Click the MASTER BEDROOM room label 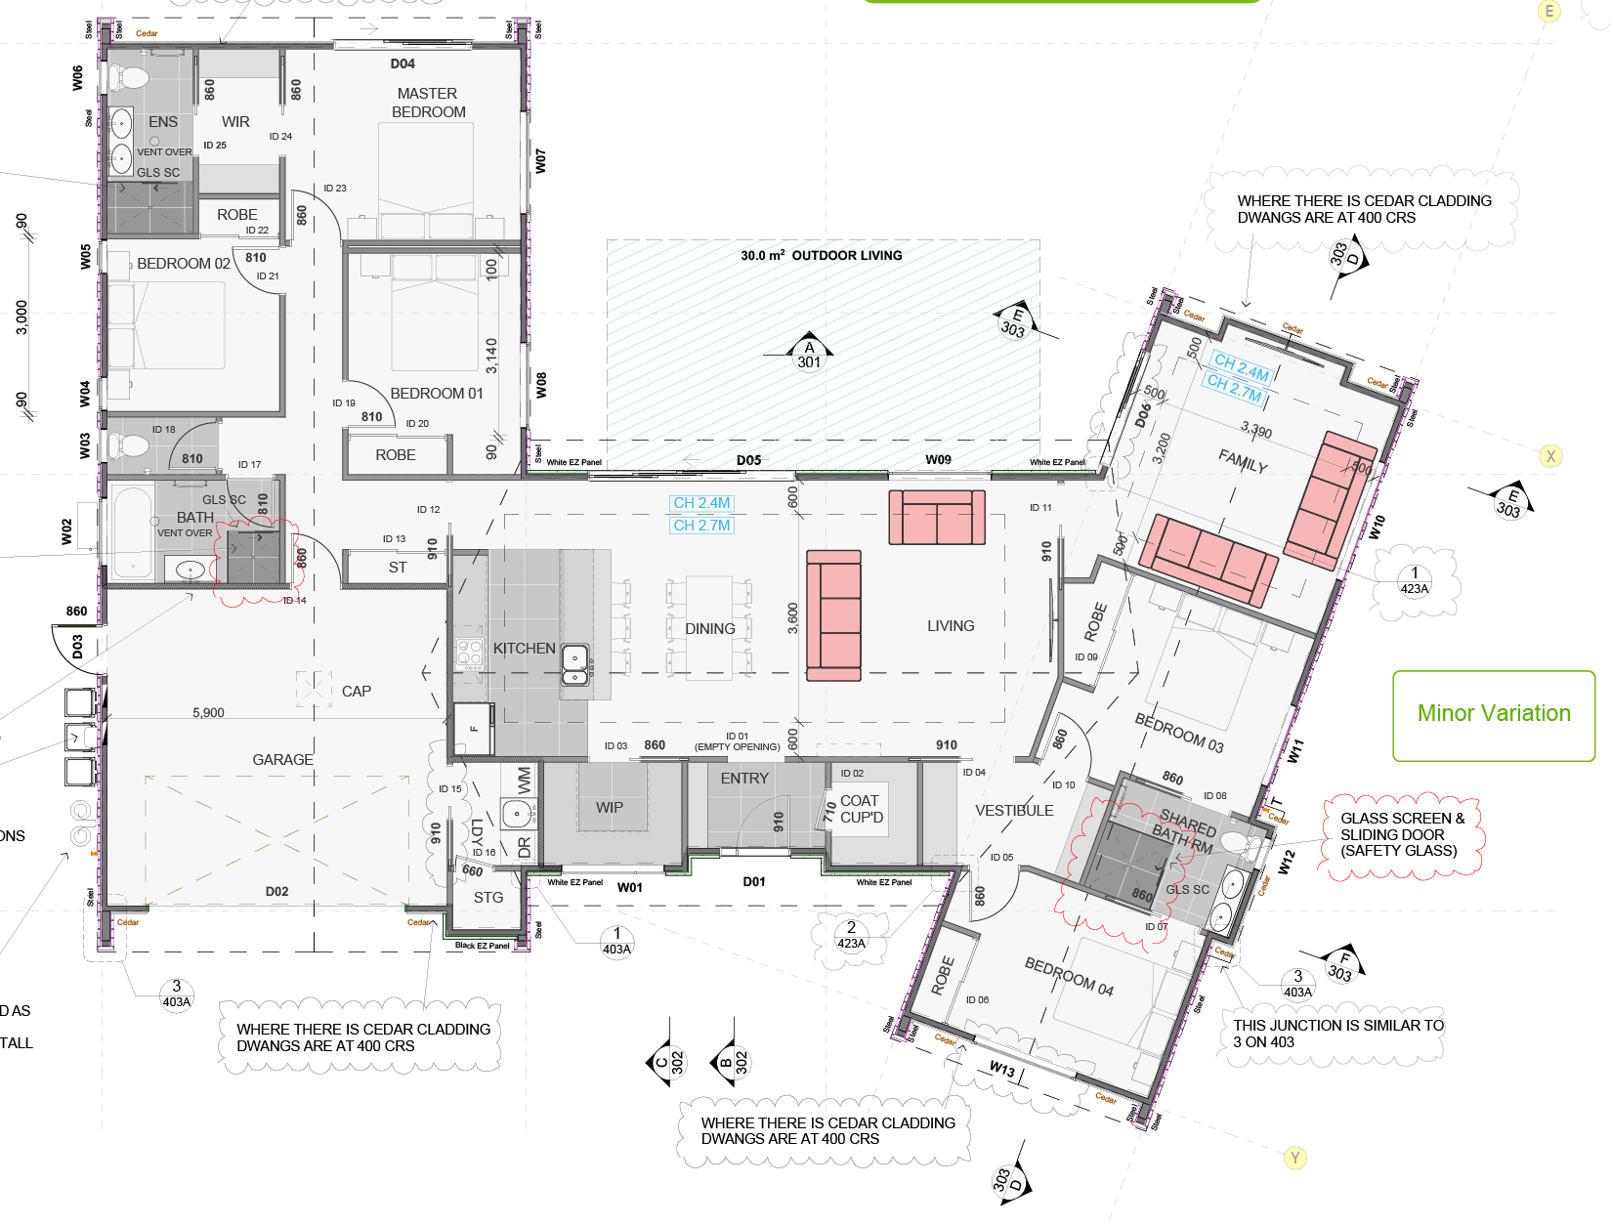428,103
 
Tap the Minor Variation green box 1493,715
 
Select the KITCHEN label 524,649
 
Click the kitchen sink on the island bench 574,663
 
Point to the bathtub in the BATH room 131,533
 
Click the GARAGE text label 282,759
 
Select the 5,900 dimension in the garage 208,713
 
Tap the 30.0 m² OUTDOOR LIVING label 821,256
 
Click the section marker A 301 809,355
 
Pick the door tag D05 748,460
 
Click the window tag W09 938,459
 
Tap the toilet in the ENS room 130,77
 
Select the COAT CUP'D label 861,809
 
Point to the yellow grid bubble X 1549,456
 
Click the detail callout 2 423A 851,935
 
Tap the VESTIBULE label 1014,811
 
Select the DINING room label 710,629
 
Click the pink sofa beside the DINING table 833,615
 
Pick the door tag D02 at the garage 276,892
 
